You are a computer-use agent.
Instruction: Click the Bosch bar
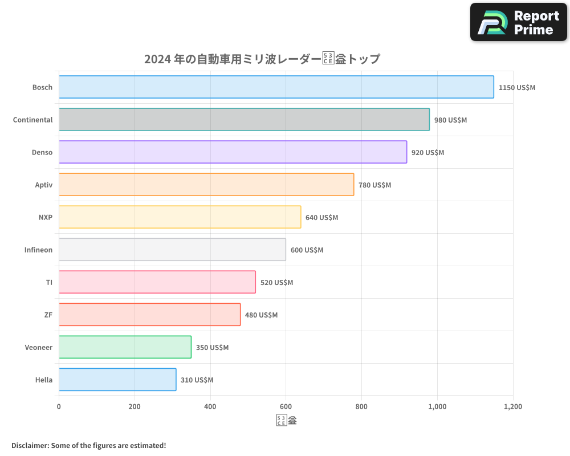pos(276,87)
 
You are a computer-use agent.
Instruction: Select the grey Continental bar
pos(244,120)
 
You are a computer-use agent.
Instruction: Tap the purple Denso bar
pos(233,152)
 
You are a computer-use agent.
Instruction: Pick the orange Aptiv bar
pos(206,185)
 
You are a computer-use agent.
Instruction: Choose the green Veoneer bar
pos(125,347)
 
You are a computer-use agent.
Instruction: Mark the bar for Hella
pos(117,380)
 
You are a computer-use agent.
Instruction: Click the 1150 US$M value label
pos(517,88)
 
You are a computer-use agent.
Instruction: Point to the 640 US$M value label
pos(321,218)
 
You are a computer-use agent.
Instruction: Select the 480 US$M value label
pos(261,315)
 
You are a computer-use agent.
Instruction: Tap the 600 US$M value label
pos(307,250)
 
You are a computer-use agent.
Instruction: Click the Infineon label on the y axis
pos(38,250)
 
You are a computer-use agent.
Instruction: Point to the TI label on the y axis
pos(49,282)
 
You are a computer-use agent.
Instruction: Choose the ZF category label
pos(48,315)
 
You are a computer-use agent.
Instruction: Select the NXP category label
pos(45,217)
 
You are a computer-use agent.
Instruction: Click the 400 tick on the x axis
pos(210,407)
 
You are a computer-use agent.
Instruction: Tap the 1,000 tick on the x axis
pos(437,407)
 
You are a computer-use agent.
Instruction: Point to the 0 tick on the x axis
pos(59,407)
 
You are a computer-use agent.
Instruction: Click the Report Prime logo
pos(519,22)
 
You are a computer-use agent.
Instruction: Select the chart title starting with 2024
pos(262,59)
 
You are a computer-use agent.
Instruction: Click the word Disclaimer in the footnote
pos(29,445)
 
